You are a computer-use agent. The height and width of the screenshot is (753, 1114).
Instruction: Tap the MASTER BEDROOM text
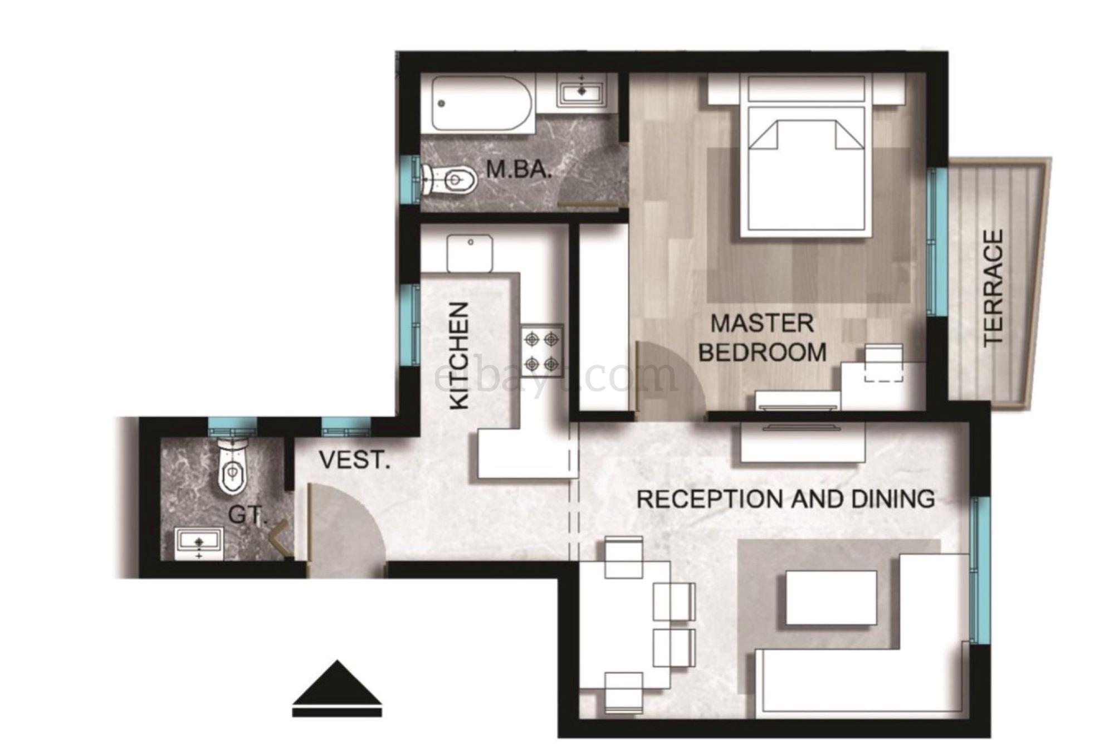click(x=762, y=338)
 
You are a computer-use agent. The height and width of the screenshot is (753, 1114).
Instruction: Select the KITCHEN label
click(x=460, y=356)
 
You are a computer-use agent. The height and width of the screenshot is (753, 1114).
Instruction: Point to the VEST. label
click(x=355, y=460)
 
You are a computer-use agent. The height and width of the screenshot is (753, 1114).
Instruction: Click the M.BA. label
click(x=519, y=169)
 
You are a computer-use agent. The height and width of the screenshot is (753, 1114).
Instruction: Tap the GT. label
click(x=248, y=515)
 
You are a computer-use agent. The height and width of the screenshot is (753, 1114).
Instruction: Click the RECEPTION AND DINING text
click(x=785, y=499)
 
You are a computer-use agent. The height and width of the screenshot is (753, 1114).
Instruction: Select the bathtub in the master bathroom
click(x=478, y=104)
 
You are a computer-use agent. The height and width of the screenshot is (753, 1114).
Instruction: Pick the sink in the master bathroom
click(x=581, y=92)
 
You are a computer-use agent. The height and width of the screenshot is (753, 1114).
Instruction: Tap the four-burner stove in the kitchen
click(x=542, y=349)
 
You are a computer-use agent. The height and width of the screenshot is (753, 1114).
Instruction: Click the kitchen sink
click(x=470, y=253)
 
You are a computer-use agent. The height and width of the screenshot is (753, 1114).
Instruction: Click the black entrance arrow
click(x=337, y=688)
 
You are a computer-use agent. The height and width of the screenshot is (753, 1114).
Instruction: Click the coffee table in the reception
click(x=831, y=598)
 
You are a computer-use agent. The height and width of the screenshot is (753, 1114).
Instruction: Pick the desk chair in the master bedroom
click(x=883, y=363)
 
